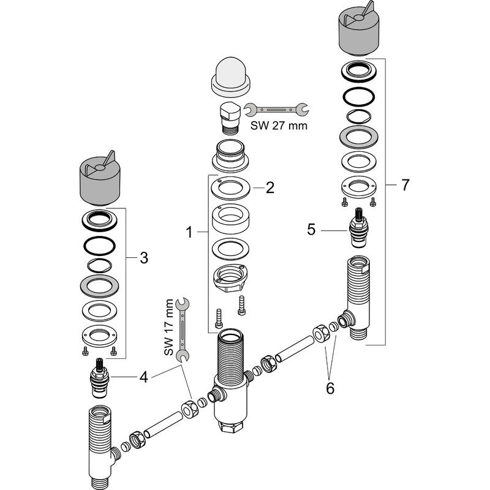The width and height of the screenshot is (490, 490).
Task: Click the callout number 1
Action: pos(190,232)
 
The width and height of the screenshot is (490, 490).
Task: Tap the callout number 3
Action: pos(144,258)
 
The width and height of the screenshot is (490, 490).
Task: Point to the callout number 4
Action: pos(143,376)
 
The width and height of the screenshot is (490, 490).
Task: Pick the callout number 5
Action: pos(312,230)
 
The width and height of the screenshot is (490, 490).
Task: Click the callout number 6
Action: pos(330,388)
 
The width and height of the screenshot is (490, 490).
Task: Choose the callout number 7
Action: pos(405,184)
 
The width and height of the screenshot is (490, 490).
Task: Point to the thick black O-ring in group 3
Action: pos(99,245)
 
